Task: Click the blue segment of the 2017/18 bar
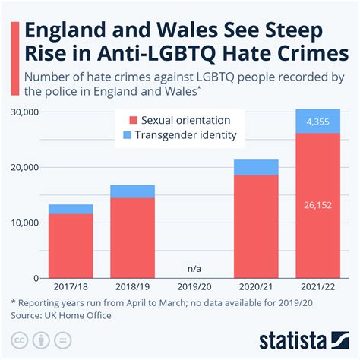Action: [71, 210]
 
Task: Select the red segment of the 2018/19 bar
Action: [132, 238]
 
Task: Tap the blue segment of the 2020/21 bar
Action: [256, 167]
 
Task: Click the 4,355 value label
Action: [317, 122]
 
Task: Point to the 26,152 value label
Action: [317, 205]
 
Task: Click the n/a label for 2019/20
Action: [194, 269]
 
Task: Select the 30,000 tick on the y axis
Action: [25, 112]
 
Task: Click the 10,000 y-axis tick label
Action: [25, 223]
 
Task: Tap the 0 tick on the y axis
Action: [36, 279]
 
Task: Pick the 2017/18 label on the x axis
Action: [71, 287]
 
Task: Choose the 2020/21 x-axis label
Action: [256, 287]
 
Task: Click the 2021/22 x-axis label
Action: [317, 287]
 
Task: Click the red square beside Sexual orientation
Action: [133, 120]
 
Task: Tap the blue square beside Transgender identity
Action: [127, 135]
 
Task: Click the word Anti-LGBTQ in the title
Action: [156, 53]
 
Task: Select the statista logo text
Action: [293, 340]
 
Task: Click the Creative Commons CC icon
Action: [20, 340]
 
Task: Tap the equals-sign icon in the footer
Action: [62, 340]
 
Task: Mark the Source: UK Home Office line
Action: [61, 316]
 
